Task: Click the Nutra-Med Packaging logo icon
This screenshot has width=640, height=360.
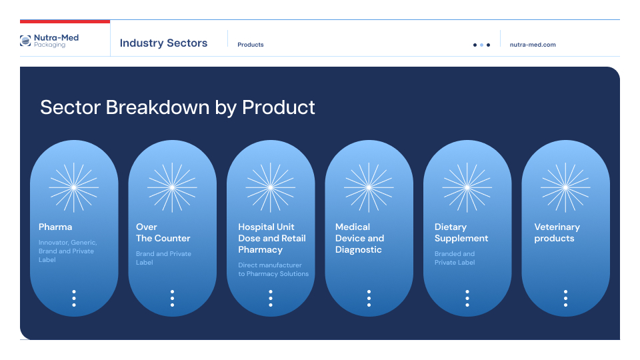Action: pos(25,41)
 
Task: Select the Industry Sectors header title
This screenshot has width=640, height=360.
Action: pos(163,43)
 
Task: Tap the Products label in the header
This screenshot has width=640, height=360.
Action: pos(251,45)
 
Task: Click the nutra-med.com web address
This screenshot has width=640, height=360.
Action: pos(533,45)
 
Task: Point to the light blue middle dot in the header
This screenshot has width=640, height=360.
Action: pos(481,45)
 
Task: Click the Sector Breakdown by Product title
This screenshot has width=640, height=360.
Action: pos(177,107)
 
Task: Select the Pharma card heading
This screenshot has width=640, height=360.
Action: pos(55,227)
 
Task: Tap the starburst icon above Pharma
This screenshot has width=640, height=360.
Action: pos(74,187)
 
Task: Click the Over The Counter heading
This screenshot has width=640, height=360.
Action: pos(163,233)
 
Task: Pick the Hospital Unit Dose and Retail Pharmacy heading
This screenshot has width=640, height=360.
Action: pos(272,239)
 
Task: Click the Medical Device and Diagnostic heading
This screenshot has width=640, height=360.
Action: pos(359,239)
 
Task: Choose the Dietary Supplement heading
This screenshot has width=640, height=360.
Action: pos(461,233)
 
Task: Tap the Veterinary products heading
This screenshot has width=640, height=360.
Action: pos(557,233)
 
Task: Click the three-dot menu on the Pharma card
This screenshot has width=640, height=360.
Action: pos(74,299)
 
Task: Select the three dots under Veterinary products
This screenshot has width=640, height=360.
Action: pos(565,299)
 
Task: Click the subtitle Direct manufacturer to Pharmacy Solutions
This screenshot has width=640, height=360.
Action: pos(273,269)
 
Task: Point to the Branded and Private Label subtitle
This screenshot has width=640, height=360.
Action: pos(455,258)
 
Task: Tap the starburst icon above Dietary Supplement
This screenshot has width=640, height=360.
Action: pos(467,187)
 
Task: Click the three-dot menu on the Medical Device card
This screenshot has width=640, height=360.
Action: pos(369,299)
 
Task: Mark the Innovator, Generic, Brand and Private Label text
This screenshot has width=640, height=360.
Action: pos(68,251)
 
